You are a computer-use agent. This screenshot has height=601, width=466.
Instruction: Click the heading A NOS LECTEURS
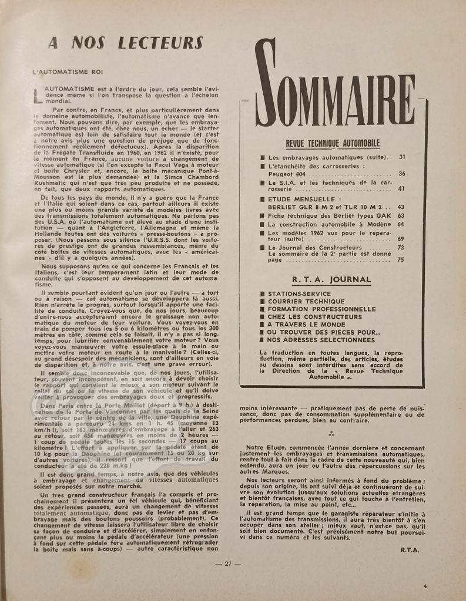click(x=125, y=43)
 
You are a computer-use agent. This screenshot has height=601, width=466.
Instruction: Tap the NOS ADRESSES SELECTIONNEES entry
click(x=321, y=339)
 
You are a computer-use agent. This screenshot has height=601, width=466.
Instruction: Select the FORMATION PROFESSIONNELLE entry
click(x=321, y=309)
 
